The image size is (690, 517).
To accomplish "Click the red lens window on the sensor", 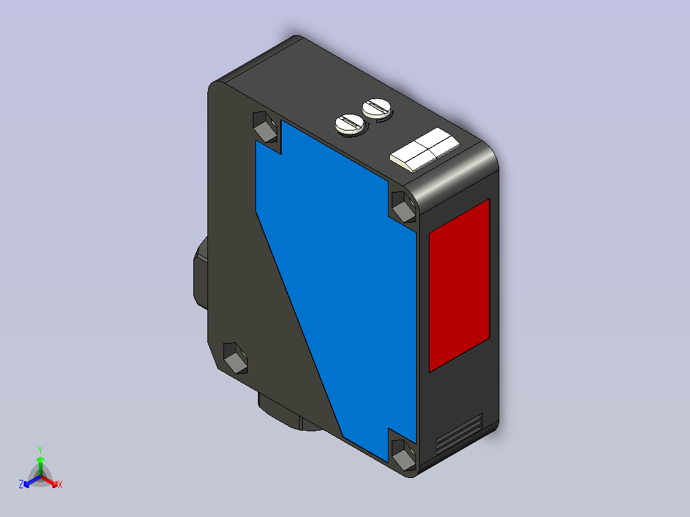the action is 459,285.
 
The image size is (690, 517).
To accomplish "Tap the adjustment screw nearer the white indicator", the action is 377,108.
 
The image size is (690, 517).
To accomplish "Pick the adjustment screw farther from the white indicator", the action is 351,125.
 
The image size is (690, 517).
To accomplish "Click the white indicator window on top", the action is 424,149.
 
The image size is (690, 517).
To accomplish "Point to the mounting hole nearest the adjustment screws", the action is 266,127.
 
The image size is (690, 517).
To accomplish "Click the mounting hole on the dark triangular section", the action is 236,358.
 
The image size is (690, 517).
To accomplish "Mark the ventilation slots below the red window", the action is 459,434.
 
